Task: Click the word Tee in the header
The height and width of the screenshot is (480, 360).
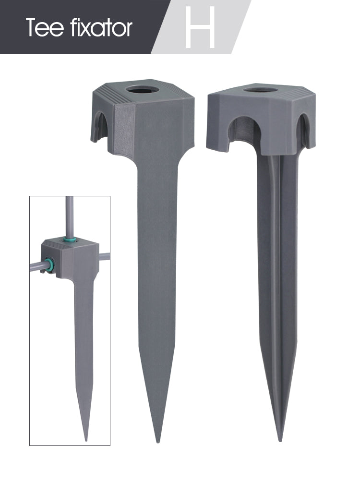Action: coord(45,27)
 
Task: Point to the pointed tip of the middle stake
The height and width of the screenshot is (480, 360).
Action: coord(157,442)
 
